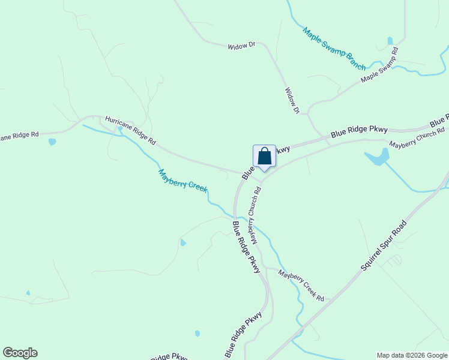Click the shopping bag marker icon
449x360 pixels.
pos(264,157)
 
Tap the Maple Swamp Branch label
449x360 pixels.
pos(334,49)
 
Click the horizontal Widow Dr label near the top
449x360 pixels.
pos(241,46)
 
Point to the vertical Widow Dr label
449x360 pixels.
pos(292,100)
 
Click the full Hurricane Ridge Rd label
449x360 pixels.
pos(130,130)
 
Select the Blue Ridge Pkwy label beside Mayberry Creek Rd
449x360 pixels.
pos(247,247)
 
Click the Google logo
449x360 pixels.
pos(20,353)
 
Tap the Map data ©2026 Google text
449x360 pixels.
pos(411,355)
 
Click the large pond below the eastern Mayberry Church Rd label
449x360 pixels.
pos(377,158)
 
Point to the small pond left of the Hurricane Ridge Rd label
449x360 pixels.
pos(52,142)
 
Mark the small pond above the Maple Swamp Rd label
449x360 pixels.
pos(390,41)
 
